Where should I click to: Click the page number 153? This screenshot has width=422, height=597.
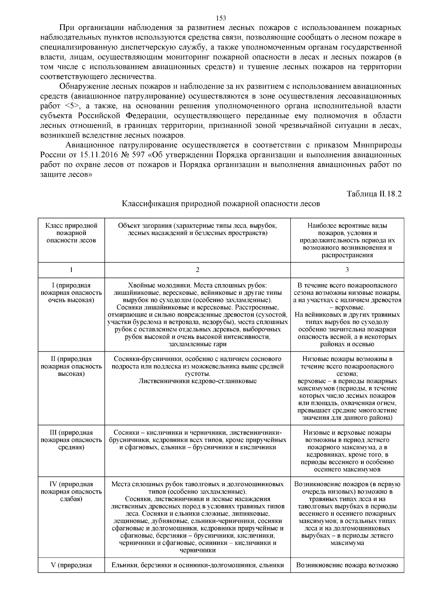pyautogui.click(x=221, y=18)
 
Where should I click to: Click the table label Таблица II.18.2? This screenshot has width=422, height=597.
pyautogui.click(x=374, y=194)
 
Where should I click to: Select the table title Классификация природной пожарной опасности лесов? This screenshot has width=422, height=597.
pyautogui.click(x=221, y=204)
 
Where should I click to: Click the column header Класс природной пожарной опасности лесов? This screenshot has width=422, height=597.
pyautogui.click(x=71, y=233)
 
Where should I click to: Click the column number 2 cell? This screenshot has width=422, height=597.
pyautogui.click(x=197, y=270)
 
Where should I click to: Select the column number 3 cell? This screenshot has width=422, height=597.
pyautogui.click(x=347, y=270)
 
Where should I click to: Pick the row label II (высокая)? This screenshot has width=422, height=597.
pyautogui.click(x=71, y=366)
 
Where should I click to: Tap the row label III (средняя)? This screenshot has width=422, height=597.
pyautogui.click(x=71, y=440)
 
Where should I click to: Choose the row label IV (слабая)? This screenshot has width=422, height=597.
pyautogui.click(x=71, y=491)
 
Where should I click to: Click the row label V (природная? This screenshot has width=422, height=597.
pyautogui.click(x=71, y=565)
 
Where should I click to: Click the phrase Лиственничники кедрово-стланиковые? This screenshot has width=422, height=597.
pyautogui.click(x=197, y=381)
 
